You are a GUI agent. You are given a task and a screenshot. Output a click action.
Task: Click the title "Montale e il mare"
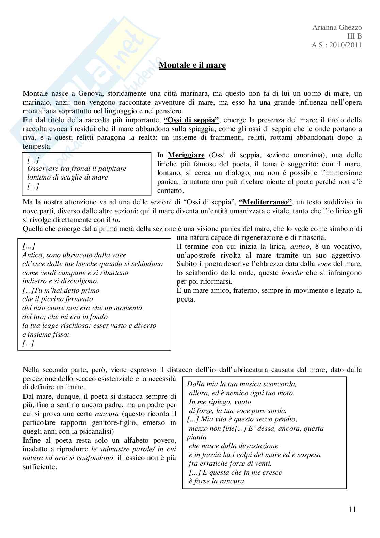pos(192,65)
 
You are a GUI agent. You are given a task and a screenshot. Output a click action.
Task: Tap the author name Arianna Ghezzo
pos(337,28)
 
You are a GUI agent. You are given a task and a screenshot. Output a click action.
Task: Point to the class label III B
pos(354,36)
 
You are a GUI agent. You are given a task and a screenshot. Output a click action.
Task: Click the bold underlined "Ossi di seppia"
pos(191,120)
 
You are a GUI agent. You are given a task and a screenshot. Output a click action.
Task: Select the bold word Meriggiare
pos(186,155)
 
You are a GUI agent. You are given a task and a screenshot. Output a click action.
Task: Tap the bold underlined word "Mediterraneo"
pos(266,202)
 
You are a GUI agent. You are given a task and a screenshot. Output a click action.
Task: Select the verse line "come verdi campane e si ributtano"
pos(75,273)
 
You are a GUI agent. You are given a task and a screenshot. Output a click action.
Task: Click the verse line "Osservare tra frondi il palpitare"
pos(77,168)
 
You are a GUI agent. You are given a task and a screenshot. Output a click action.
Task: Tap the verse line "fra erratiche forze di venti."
pos(230,463)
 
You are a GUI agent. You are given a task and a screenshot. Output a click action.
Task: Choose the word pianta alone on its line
pos(196,437)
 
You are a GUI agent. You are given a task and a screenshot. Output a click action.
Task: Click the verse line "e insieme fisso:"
pos(46,334)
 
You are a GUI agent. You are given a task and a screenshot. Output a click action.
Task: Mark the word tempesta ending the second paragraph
pos(37,147)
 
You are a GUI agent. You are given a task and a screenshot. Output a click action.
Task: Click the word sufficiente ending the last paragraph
pos(39,467)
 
